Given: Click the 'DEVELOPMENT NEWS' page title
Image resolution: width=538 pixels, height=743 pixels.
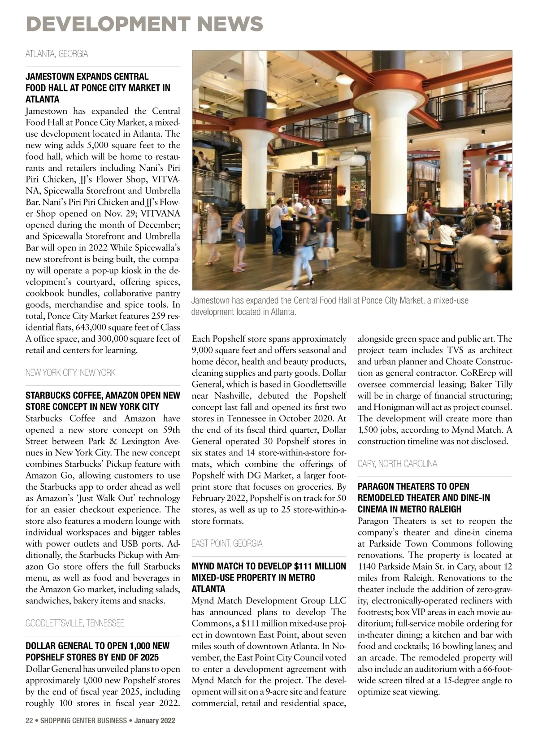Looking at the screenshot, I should (144, 23).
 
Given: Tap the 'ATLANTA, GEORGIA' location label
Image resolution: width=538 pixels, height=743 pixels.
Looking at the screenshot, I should (56, 54).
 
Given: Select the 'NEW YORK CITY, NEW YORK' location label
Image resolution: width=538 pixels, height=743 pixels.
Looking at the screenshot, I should (70, 373).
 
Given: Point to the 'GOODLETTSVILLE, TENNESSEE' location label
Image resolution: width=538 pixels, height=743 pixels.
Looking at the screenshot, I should (74, 623).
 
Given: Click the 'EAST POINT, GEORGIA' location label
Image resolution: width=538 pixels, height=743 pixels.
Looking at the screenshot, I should (227, 543).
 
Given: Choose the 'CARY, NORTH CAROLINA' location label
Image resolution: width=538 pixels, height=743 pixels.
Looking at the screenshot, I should (397, 464).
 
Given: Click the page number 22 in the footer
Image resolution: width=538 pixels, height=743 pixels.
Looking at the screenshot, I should (29, 721).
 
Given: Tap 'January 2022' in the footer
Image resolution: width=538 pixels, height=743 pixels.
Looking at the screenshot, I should (155, 721).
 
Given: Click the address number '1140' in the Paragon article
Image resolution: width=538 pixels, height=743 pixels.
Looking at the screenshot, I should (368, 566).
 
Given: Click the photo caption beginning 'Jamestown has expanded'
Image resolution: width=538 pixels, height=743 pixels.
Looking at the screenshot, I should (330, 306).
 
